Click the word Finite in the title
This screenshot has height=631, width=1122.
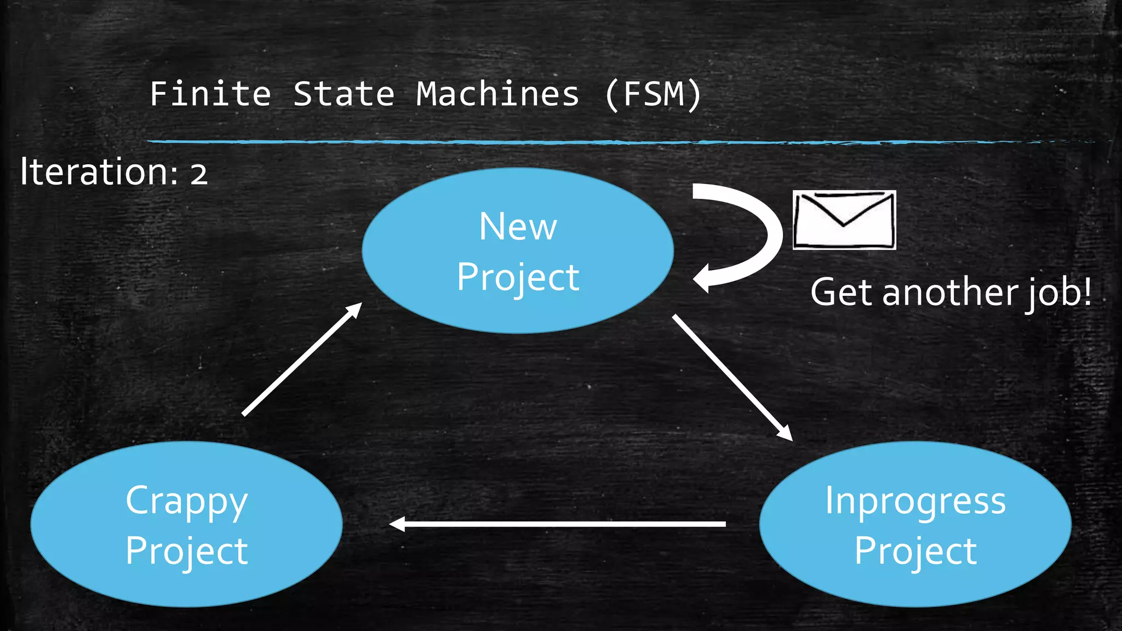[x=210, y=94]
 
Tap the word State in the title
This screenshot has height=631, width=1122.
[x=344, y=94]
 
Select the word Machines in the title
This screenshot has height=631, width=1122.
[x=497, y=94]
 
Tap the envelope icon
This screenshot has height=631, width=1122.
[x=844, y=220]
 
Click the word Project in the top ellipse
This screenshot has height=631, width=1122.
[x=518, y=277]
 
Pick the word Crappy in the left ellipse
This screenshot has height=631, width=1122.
[x=187, y=501]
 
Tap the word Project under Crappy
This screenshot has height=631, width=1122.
[x=187, y=550]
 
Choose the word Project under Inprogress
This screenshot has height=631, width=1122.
[x=915, y=550]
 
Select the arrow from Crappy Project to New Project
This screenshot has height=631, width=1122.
[x=302, y=359]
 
